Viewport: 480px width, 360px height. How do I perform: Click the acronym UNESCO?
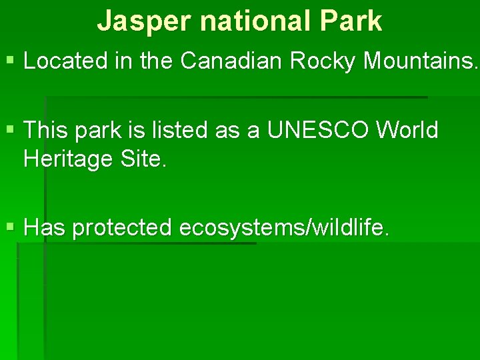click(318, 131)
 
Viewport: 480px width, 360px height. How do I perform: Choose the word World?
click(407, 131)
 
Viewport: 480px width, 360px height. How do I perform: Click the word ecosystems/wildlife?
click(283, 228)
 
